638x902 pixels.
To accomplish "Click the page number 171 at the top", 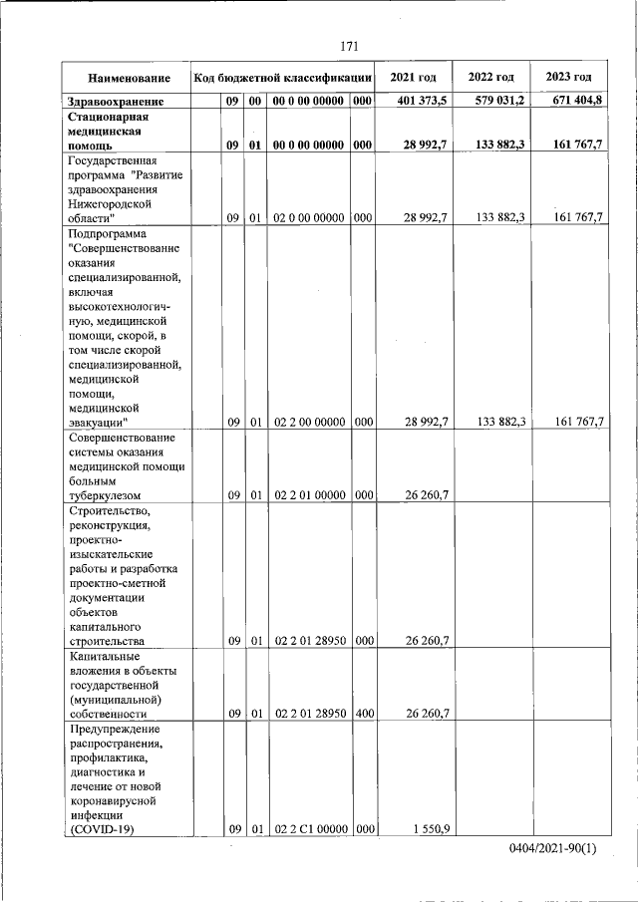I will tap(349, 46).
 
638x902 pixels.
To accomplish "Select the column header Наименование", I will tap(128, 78).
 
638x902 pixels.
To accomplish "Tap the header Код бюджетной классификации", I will tap(283, 78).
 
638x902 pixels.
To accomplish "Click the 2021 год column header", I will tap(413, 78).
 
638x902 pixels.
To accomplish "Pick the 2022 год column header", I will tap(491, 78).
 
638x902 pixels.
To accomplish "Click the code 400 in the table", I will tap(363, 713).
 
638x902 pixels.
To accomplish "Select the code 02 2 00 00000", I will tap(309, 422).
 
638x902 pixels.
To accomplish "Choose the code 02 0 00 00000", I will tap(309, 217).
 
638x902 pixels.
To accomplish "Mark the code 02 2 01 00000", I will tap(309, 494).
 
